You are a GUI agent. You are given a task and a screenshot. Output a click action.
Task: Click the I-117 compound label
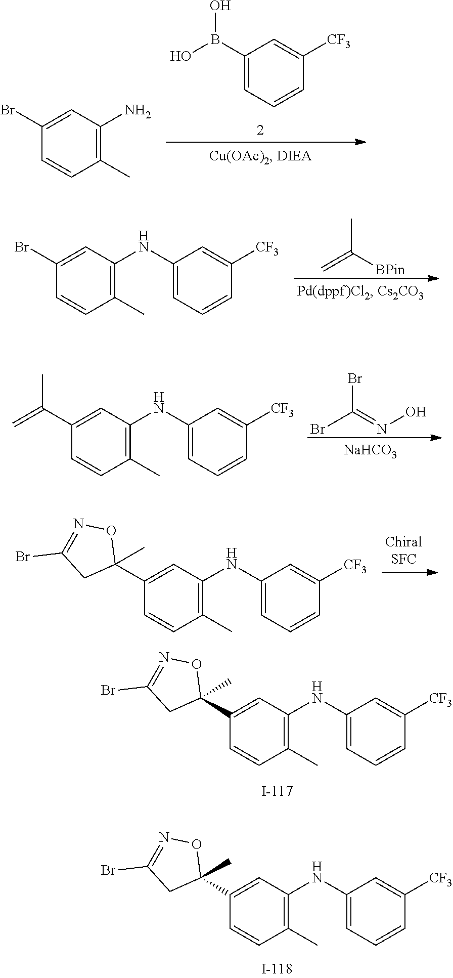click(x=277, y=790)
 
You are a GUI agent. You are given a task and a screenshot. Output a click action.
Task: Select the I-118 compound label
click(x=277, y=969)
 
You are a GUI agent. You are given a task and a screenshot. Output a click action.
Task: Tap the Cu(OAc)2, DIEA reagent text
click(x=260, y=156)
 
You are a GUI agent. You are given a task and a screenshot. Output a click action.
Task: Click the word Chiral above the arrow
click(x=403, y=542)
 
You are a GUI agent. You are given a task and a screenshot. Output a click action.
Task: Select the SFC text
click(x=403, y=558)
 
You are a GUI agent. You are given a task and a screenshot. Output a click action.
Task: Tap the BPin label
click(x=390, y=270)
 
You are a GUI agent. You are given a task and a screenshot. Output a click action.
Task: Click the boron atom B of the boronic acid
click(x=215, y=39)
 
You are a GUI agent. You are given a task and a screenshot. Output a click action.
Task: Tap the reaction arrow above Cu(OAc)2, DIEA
click(x=265, y=142)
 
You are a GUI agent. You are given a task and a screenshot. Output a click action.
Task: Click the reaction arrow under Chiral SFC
click(x=409, y=572)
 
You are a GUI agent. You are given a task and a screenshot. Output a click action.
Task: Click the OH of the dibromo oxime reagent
click(x=415, y=412)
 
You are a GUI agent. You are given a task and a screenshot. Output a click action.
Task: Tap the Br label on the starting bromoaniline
click(x=8, y=110)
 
